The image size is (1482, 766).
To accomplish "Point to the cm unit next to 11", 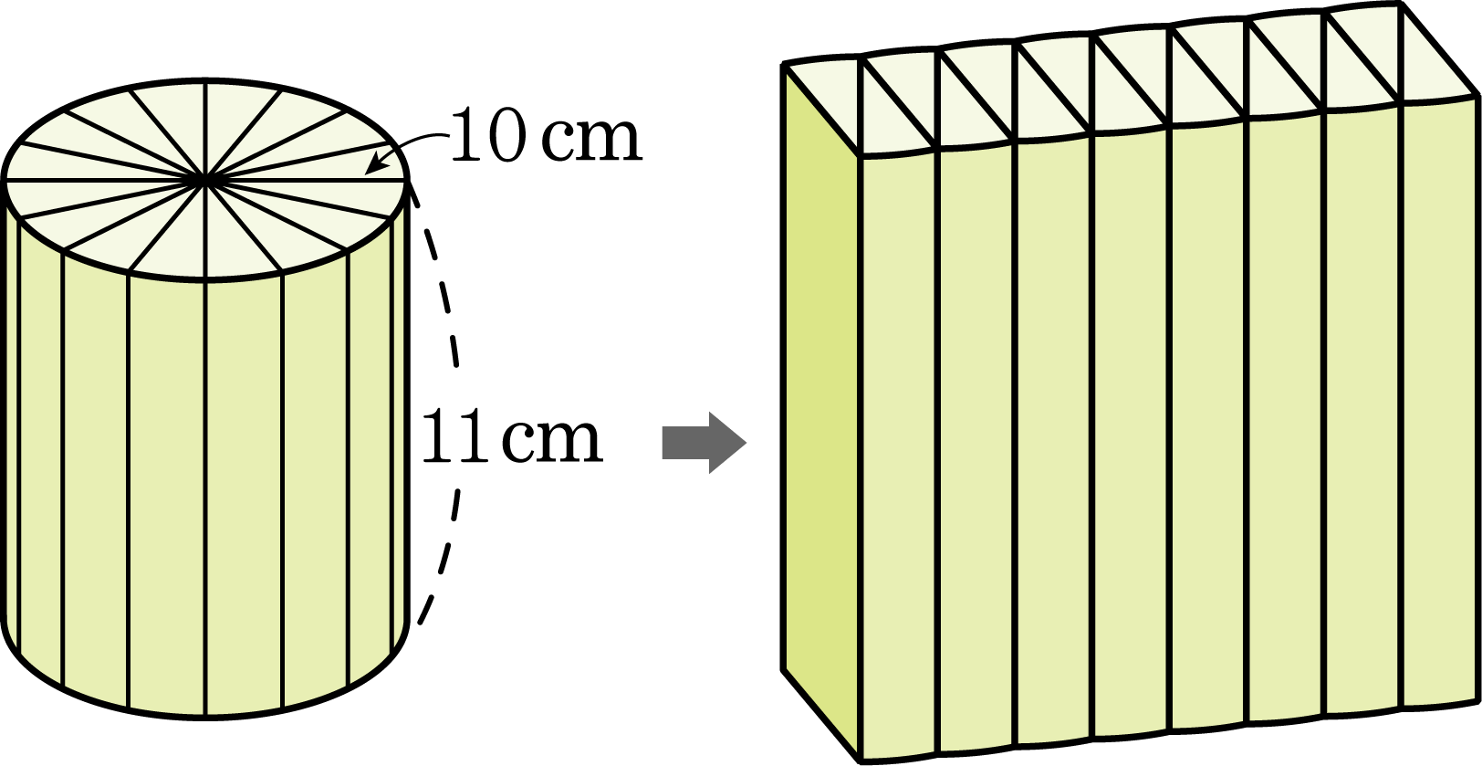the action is [x=552, y=442].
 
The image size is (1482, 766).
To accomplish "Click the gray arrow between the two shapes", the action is [x=704, y=443].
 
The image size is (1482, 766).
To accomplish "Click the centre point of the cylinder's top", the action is [x=205, y=179].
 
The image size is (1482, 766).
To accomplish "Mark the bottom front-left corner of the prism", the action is [x=860, y=760].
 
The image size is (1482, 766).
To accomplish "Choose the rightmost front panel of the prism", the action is [x=1440, y=408].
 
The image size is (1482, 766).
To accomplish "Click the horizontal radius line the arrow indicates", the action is [x=308, y=179].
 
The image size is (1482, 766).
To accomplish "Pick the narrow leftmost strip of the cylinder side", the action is [x=13, y=424].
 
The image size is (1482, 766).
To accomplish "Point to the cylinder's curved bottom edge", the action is [x=206, y=716].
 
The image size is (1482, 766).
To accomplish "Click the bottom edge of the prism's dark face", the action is [x=821, y=715].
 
